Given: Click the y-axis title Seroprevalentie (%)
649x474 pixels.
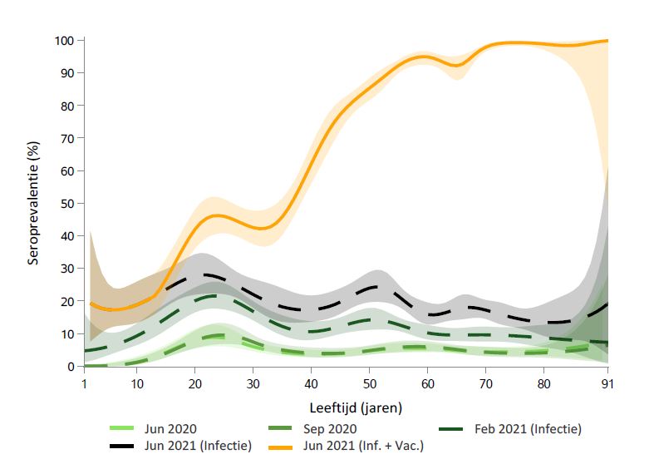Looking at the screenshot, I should click(x=33, y=203).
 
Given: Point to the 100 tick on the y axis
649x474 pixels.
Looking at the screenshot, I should click(x=65, y=40).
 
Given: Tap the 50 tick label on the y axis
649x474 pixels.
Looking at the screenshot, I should click(x=68, y=203).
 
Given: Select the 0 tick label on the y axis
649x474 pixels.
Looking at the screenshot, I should click(x=71, y=366).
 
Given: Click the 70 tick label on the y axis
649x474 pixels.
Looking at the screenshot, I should click(x=68, y=138).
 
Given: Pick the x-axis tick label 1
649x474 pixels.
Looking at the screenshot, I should click(x=85, y=383).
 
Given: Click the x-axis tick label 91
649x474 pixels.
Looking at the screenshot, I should click(x=607, y=383).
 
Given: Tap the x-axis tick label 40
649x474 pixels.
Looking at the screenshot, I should click(x=310, y=383).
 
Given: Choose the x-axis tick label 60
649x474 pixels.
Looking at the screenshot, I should click(x=426, y=383).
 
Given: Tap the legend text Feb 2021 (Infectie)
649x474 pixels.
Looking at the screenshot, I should click(x=528, y=429).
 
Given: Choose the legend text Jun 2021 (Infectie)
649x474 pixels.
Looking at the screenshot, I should click(x=197, y=446).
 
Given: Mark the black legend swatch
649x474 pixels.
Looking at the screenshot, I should click(x=125, y=446).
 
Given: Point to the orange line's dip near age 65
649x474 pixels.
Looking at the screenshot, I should click(x=455, y=65).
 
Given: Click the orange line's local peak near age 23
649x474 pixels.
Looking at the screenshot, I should click(x=216, y=215).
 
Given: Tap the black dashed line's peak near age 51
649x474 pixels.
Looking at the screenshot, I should click(x=376, y=287).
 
